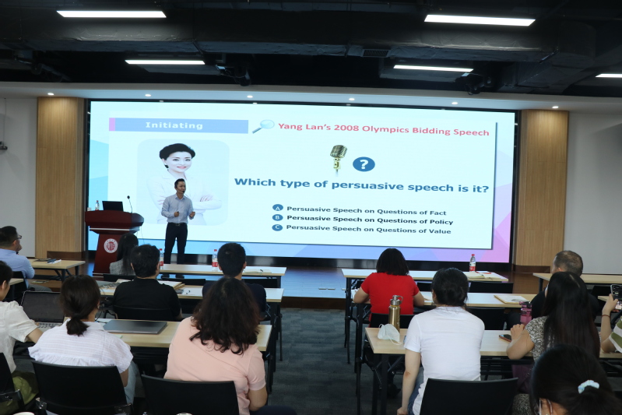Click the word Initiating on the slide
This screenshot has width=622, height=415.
tap(174, 125)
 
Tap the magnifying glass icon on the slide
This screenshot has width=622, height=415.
tap(263, 126)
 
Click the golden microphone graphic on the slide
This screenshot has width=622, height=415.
tap(338, 157)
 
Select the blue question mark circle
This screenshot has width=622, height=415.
tap(364, 164)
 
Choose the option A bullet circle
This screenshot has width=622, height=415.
tap(278, 208)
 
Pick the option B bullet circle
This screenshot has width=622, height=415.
tap(277, 217)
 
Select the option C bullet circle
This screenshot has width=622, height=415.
tap(277, 227)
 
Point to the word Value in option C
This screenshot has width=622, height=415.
tap(440, 231)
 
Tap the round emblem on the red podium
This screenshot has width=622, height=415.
tap(111, 245)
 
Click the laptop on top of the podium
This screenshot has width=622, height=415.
tap(113, 206)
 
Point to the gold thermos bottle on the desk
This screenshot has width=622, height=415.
tap(395, 313)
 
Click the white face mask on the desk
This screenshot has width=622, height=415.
tap(388, 332)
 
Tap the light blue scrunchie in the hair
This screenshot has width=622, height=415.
tap(588, 385)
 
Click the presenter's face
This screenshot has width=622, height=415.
tap(181, 187)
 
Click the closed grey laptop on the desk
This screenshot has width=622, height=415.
tap(135, 326)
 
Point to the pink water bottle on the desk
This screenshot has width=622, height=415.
tap(525, 313)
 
